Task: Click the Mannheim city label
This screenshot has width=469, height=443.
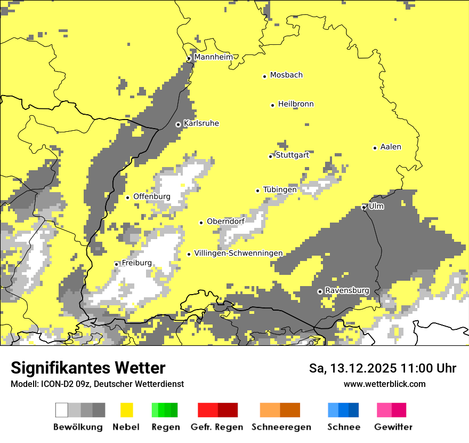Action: (x=213, y=57)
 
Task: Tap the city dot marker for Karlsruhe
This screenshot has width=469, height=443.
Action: (x=179, y=124)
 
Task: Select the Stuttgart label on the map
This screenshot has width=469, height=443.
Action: (x=292, y=155)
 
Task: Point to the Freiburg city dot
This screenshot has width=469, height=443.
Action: (x=117, y=264)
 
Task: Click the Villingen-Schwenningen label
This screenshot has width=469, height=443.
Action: (x=238, y=254)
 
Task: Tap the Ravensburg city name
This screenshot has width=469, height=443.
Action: (x=347, y=291)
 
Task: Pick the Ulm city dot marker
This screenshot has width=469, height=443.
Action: (x=364, y=207)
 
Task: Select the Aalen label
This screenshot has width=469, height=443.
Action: (x=391, y=147)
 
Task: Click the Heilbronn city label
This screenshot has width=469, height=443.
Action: (x=296, y=104)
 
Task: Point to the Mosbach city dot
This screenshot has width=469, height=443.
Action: (x=265, y=76)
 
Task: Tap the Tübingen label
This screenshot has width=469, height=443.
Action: (x=280, y=190)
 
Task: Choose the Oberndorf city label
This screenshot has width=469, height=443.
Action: (x=225, y=222)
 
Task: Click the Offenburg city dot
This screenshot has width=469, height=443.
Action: (x=128, y=197)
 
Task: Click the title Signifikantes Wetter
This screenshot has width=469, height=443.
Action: (x=88, y=368)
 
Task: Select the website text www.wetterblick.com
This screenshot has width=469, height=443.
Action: (x=384, y=384)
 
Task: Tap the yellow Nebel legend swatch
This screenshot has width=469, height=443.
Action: (x=127, y=410)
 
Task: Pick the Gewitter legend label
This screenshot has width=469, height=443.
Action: (x=393, y=427)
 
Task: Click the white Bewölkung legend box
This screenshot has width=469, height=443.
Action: (x=62, y=410)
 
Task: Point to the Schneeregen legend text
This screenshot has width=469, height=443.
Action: (x=281, y=427)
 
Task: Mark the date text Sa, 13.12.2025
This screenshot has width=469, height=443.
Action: (x=351, y=368)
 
